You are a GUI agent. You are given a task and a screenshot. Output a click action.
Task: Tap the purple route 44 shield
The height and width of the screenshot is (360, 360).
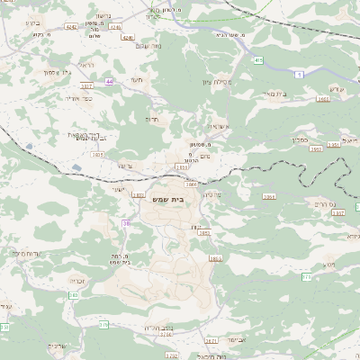click(109, 81)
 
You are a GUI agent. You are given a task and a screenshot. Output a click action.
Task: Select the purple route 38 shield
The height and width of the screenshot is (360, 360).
click(126, 222)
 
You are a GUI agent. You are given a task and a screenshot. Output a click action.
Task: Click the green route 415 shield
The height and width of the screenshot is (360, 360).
click(258, 59)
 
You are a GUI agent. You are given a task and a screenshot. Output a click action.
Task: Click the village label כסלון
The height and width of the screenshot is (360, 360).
click(301, 139)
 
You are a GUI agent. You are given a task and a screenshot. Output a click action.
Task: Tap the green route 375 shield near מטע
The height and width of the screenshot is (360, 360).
click(306, 277)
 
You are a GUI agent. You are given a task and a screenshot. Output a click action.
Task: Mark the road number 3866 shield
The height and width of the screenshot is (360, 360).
click(191, 183)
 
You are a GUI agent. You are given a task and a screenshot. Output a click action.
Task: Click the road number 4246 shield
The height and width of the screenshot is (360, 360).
click(127, 38)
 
